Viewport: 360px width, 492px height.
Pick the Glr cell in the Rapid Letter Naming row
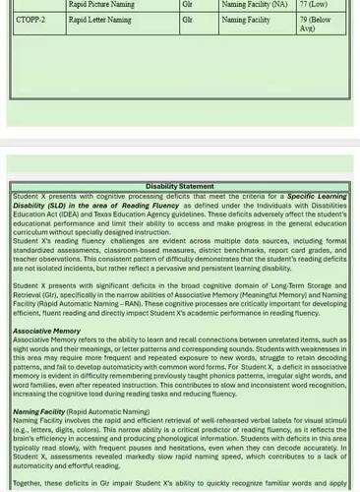(188, 19)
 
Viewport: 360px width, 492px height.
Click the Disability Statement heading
(179, 186)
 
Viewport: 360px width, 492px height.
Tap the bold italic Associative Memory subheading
(46, 331)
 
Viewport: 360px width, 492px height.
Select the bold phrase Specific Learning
(316, 196)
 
